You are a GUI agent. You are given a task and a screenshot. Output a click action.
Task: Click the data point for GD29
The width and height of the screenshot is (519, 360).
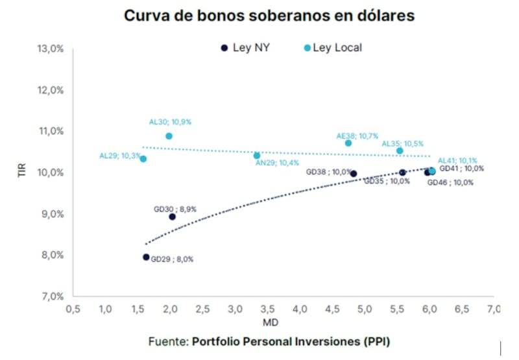[x=146, y=257]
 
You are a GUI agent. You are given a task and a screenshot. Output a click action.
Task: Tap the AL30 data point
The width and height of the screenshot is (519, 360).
[x=169, y=136]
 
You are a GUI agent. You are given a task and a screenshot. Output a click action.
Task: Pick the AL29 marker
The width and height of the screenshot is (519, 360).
[x=143, y=159]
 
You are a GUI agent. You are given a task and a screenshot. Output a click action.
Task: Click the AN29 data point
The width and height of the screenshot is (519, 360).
[x=257, y=156]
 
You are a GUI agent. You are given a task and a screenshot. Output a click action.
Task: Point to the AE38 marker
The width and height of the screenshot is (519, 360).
[x=348, y=143]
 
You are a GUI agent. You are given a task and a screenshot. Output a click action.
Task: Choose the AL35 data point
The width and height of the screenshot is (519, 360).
[x=400, y=150]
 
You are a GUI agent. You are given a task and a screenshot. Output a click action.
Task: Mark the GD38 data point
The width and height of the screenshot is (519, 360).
[x=354, y=174]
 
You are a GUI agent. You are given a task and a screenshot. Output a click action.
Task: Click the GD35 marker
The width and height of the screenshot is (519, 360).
[x=403, y=173]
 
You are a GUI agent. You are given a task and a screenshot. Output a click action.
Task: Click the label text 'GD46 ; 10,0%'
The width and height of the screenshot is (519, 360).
[x=450, y=182]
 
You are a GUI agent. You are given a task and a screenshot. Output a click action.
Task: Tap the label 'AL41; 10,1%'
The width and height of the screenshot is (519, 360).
[x=458, y=160]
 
